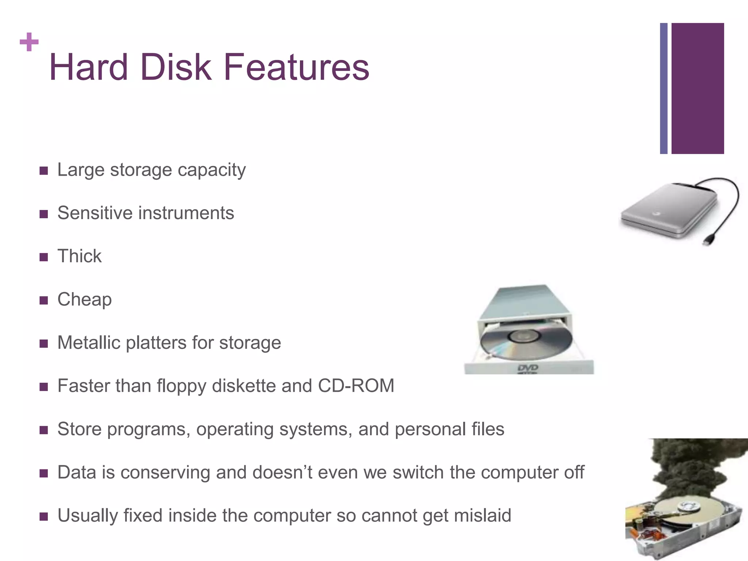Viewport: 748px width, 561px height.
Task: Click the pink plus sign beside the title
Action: (x=29, y=42)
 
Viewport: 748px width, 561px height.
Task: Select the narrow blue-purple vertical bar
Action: (x=664, y=88)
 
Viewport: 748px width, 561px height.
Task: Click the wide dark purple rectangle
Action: (x=698, y=88)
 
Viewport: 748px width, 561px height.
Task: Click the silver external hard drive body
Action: (x=668, y=212)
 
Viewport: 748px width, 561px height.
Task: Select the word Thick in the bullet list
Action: (x=80, y=256)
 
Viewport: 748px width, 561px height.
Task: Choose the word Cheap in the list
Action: (x=84, y=299)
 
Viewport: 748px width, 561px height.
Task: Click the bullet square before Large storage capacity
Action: (x=44, y=171)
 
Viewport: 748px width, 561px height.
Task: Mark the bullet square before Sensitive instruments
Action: (x=44, y=214)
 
